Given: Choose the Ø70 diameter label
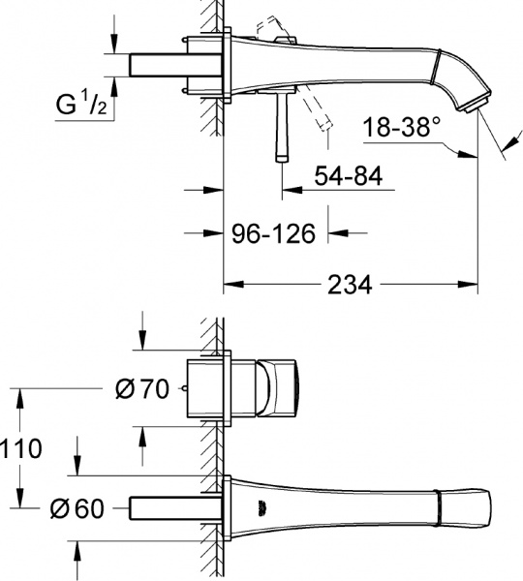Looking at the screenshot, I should point(142,389).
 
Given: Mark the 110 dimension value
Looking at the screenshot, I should point(21,448).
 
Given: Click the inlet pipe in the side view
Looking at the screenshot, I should point(165,64).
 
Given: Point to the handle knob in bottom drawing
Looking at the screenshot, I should point(281,388).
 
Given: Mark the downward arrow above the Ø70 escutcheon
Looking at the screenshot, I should point(142,342).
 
